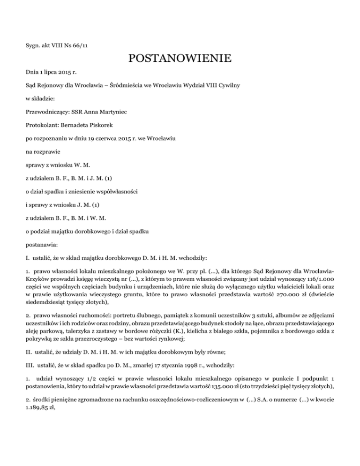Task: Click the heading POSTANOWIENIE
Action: [x=180, y=59]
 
